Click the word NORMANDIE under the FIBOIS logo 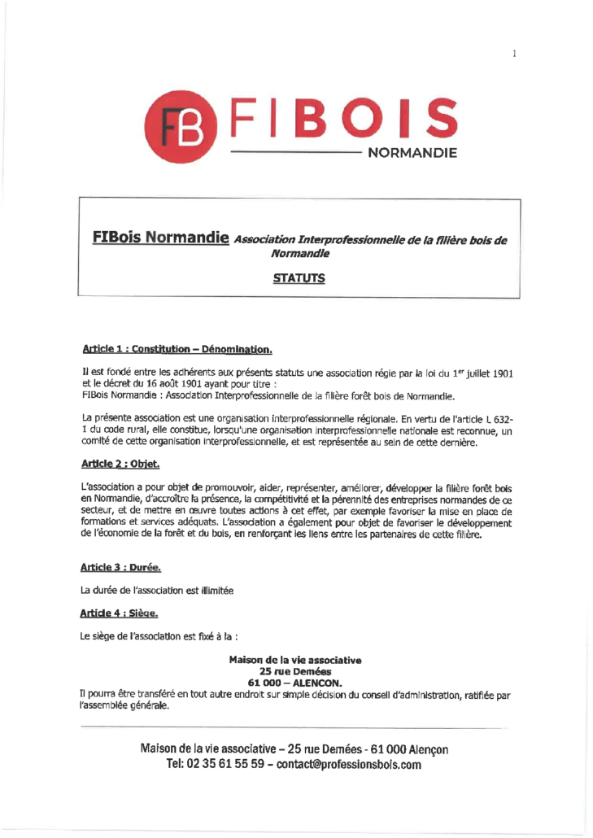413,152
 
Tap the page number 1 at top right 515,54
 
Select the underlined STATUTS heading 299,278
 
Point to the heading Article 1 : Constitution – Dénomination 176,350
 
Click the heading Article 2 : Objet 120,465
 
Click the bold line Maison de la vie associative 296,659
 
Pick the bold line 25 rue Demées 296,671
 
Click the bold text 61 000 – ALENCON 296,683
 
